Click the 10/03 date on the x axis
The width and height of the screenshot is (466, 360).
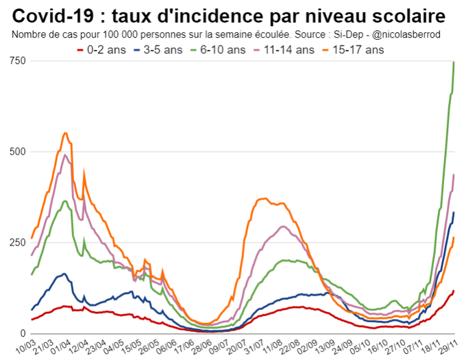[25, 345]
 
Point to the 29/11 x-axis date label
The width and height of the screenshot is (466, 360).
[449, 345]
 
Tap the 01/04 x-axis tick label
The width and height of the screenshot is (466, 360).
[60, 345]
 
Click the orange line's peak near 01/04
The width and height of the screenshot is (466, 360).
[65, 133]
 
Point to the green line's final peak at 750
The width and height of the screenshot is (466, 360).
[454, 62]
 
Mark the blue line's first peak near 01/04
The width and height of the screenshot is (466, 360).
[64, 274]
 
